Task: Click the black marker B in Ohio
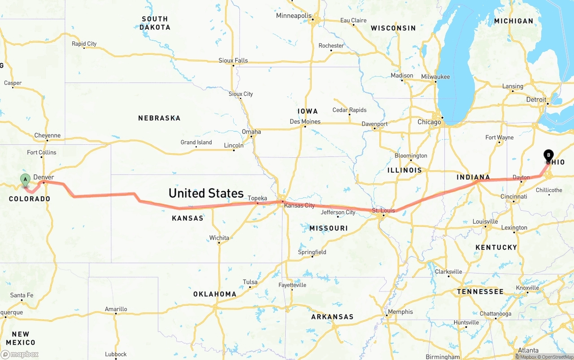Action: click(548, 156)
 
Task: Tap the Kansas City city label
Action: click(300, 205)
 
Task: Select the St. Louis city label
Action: click(383, 210)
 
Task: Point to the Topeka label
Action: click(257, 198)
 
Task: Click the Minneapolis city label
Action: click(294, 16)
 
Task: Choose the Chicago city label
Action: click(429, 122)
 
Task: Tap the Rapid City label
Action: click(84, 43)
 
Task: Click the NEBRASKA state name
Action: click(159, 118)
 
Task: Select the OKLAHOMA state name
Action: click(215, 294)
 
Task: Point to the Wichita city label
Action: click(219, 238)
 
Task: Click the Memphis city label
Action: click(400, 312)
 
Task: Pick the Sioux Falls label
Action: click(233, 61)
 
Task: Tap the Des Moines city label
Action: click(305, 121)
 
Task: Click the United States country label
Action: click(206, 193)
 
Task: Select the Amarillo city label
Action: click(116, 309)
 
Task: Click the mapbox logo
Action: click(20, 354)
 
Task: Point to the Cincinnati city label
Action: click(514, 196)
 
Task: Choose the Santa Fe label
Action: click(22, 295)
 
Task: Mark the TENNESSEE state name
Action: click(480, 291)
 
